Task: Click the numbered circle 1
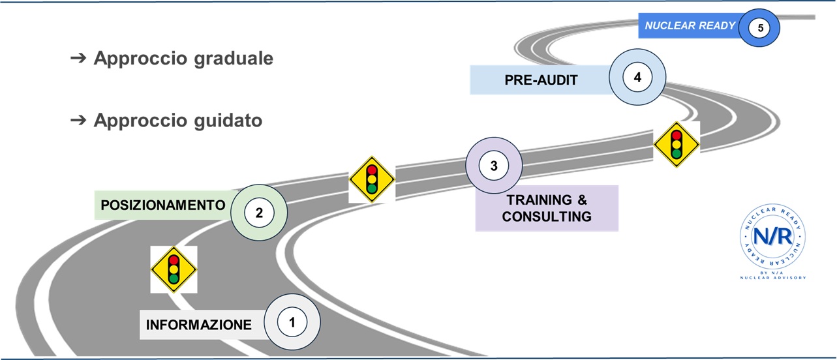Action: [292, 322]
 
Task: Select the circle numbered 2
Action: [259, 212]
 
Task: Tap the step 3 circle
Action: [494, 166]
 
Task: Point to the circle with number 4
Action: [637, 77]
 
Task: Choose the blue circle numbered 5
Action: [760, 27]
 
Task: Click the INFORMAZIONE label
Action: [198, 325]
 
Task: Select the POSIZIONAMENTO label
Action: [162, 205]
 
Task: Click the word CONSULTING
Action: [547, 217]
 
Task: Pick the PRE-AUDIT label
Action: [541, 80]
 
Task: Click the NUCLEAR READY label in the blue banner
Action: [690, 26]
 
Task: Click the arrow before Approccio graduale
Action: [78, 59]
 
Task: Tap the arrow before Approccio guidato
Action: [78, 121]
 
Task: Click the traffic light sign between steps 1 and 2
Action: [174, 269]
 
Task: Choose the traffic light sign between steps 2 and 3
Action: [372, 179]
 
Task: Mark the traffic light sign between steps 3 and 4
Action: [677, 144]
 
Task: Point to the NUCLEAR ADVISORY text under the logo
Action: [773, 278]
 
